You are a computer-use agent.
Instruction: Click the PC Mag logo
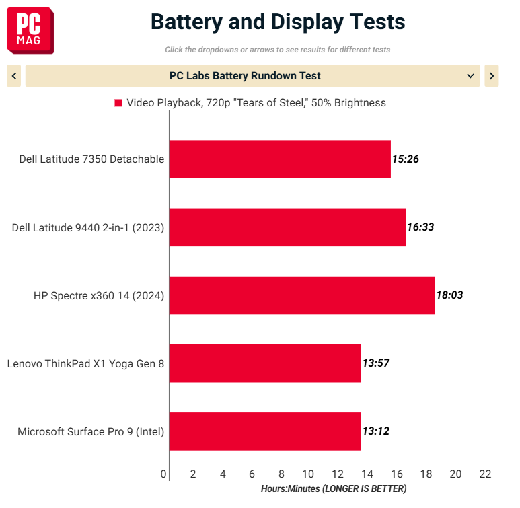click(30, 30)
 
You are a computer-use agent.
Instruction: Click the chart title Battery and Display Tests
click(278, 22)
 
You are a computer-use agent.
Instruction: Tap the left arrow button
click(14, 76)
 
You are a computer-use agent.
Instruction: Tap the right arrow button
click(492, 76)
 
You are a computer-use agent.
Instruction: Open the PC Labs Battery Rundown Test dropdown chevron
click(470, 76)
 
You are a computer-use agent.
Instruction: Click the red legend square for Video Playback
click(118, 103)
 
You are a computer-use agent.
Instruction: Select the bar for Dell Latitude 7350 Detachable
click(280, 159)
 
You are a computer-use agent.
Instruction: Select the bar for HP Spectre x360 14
click(302, 295)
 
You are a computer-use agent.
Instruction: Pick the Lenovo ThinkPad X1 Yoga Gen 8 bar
click(265, 363)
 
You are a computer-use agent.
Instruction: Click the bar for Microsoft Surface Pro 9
click(265, 431)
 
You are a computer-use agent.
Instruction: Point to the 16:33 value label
click(420, 227)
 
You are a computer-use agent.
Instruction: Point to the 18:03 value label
click(449, 295)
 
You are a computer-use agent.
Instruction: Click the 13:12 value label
click(376, 431)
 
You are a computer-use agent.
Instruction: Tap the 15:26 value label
click(405, 159)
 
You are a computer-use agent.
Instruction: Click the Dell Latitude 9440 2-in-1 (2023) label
click(88, 228)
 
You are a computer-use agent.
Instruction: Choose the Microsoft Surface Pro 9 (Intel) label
click(91, 432)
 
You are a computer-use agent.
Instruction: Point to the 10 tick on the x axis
click(308, 474)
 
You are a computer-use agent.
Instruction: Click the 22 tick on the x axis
click(485, 474)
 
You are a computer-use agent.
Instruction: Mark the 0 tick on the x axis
click(163, 474)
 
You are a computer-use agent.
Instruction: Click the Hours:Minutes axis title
click(334, 488)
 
